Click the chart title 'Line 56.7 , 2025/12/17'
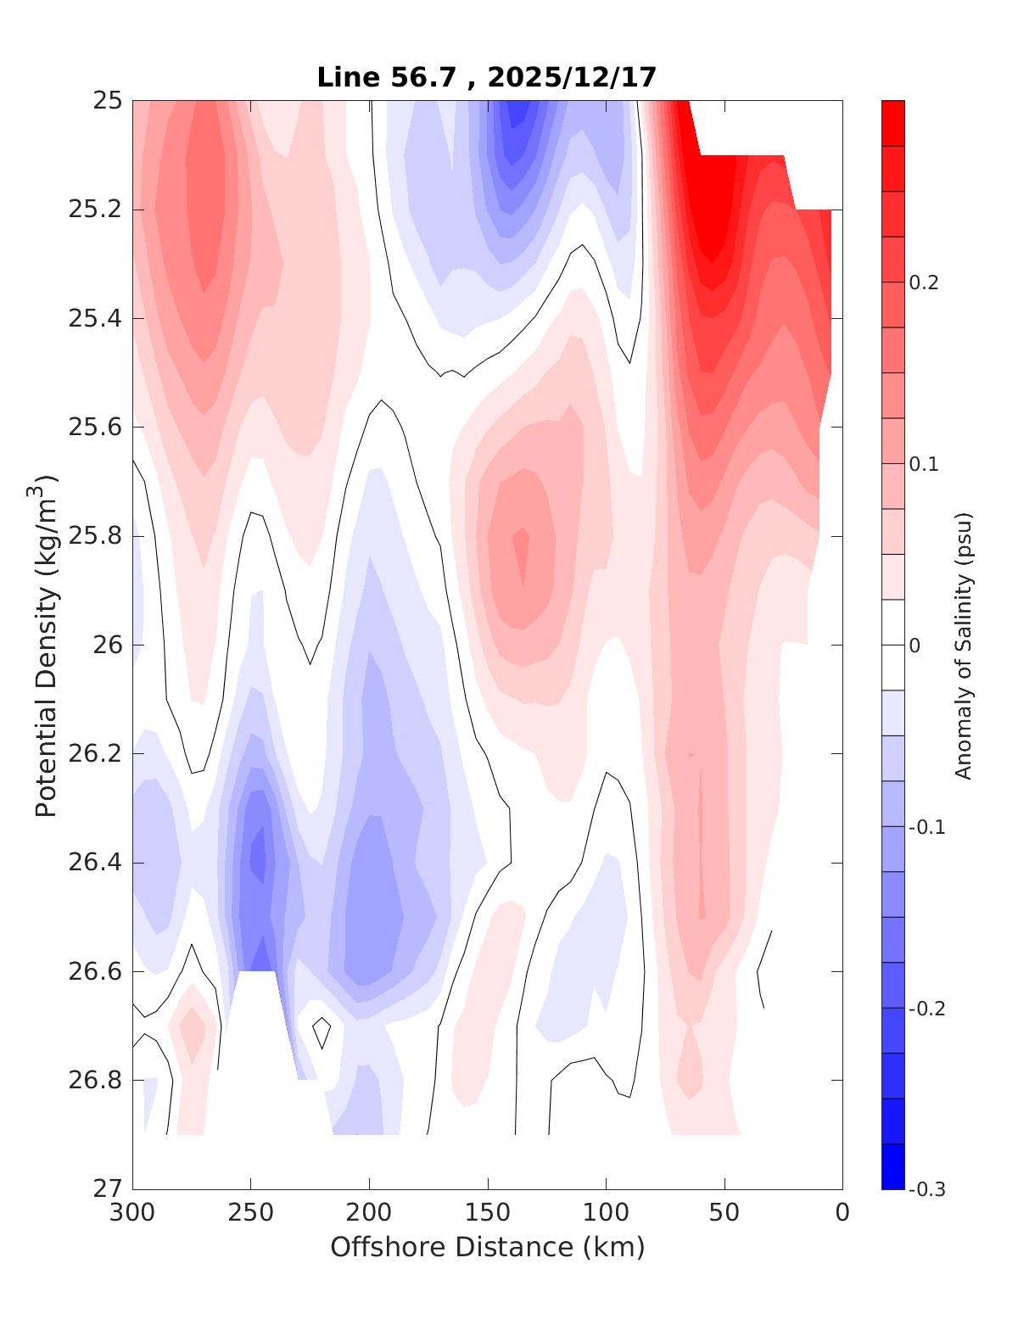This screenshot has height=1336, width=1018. [x=486, y=78]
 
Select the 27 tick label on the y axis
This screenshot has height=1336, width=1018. [x=108, y=1188]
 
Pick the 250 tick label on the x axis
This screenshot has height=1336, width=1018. [x=251, y=1213]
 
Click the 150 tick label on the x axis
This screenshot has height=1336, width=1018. [x=488, y=1213]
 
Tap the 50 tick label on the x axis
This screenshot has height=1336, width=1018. [x=724, y=1213]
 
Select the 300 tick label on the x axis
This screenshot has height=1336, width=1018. [x=133, y=1213]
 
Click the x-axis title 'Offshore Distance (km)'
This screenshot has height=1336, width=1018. [x=487, y=1247]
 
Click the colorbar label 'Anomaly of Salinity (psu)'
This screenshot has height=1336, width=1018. [x=962, y=645]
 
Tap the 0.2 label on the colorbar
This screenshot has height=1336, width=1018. [x=924, y=282]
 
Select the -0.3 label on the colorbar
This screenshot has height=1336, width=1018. [x=926, y=1189]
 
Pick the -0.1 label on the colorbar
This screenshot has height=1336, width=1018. [x=926, y=827]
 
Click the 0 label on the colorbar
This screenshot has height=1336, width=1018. [x=914, y=646]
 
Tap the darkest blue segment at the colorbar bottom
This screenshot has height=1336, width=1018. [x=892, y=1166]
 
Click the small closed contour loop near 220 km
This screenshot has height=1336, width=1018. [x=322, y=1031]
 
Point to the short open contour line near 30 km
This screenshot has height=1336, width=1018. [x=763, y=967]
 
